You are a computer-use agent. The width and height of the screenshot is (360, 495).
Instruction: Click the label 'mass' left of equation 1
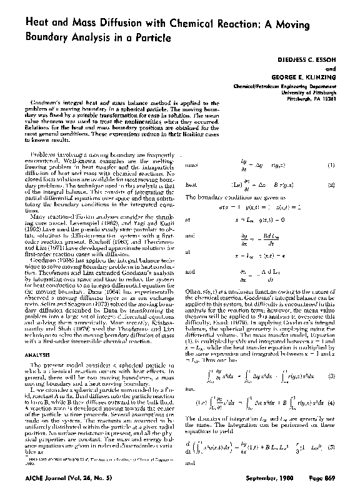point(192,165)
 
